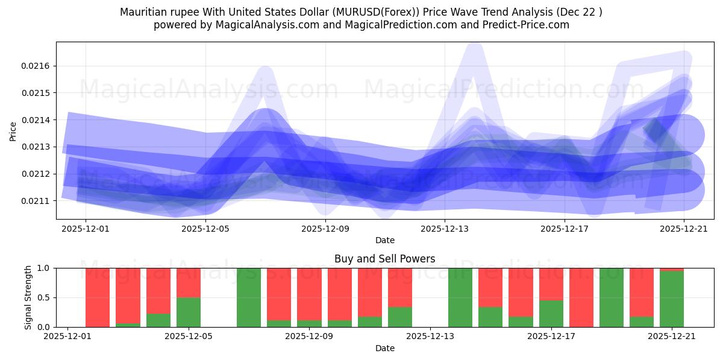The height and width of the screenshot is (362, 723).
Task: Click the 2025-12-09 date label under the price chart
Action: tap(325, 229)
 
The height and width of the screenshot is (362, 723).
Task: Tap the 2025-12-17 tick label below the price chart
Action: tap(565, 229)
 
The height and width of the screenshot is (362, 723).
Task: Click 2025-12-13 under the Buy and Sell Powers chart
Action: tap(430, 337)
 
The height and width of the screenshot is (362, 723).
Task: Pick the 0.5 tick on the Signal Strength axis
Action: tap(45, 297)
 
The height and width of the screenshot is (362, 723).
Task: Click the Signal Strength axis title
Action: tap(28, 297)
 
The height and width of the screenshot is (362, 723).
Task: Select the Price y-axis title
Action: tap(13, 130)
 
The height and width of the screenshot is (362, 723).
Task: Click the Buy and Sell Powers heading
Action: tap(384, 259)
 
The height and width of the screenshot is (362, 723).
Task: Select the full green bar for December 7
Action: tap(249, 297)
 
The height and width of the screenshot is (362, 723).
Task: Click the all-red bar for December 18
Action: tap(581, 297)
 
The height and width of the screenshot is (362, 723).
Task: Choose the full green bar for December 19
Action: tap(612, 297)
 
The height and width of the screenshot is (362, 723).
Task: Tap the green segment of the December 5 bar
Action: tap(189, 312)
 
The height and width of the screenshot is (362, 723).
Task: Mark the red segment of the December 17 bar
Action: tap(551, 284)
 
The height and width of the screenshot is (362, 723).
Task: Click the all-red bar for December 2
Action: tap(98, 297)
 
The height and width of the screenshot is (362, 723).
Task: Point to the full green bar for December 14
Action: tap(460, 297)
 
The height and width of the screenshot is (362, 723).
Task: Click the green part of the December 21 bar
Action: tap(672, 299)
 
